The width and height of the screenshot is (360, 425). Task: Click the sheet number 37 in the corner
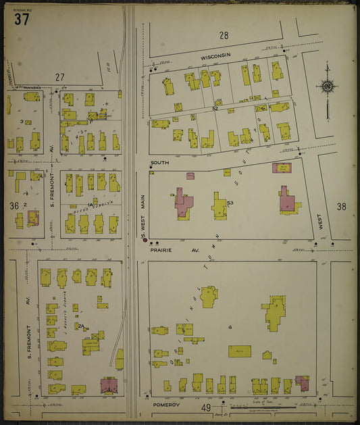pos(21,19)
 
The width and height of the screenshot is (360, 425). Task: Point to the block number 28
pos(224,35)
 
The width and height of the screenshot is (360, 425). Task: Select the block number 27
pos(60,78)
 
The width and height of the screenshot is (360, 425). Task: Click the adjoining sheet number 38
pos(340,207)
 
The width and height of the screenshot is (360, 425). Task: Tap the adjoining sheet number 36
pos(14,205)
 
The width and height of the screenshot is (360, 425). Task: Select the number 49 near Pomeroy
pos(207,408)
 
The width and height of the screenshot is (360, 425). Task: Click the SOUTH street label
pos(159,164)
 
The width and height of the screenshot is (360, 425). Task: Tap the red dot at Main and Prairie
pos(144,241)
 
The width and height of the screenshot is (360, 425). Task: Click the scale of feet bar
pos(263,407)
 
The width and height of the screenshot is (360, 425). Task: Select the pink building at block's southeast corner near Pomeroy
pos(302,384)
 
